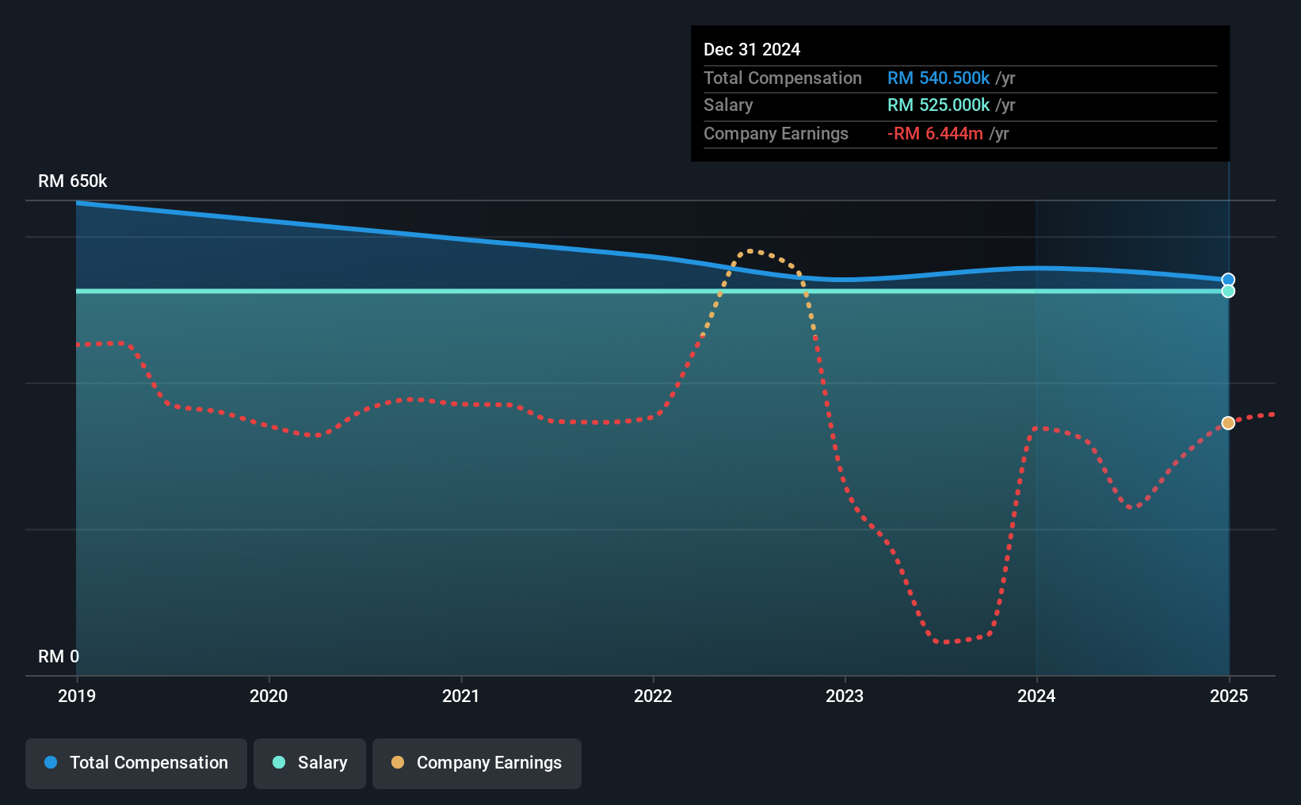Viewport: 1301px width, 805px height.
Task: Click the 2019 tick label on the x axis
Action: point(77,696)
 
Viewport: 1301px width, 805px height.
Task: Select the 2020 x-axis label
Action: point(269,696)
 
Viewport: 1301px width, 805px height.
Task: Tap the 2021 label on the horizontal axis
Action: point(460,696)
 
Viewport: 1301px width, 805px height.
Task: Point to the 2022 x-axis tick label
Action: point(653,696)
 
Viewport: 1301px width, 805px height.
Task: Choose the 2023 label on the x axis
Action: point(845,696)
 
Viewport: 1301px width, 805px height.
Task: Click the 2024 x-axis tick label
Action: point(1036,696)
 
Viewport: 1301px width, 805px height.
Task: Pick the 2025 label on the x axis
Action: point(1229,696)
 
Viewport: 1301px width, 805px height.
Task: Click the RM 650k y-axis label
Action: point(73,181)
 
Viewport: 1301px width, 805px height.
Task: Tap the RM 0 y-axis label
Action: point(59,656)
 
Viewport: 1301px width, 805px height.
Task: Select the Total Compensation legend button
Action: point(136,763)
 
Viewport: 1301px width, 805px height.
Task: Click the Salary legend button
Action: point(310,763)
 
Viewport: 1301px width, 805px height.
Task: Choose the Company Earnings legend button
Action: point(477,763)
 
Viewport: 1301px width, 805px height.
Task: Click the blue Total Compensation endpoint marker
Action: point(1228,280)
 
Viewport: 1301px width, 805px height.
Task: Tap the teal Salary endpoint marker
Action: point(1228,291)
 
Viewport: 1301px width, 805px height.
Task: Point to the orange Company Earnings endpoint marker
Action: point(1228,423)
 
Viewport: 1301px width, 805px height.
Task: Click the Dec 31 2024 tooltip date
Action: point(752,50)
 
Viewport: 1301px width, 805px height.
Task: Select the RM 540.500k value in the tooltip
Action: point(938,78)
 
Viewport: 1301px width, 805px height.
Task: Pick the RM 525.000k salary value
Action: point(938,105)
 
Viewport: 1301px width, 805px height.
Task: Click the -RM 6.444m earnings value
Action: point(935,134)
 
